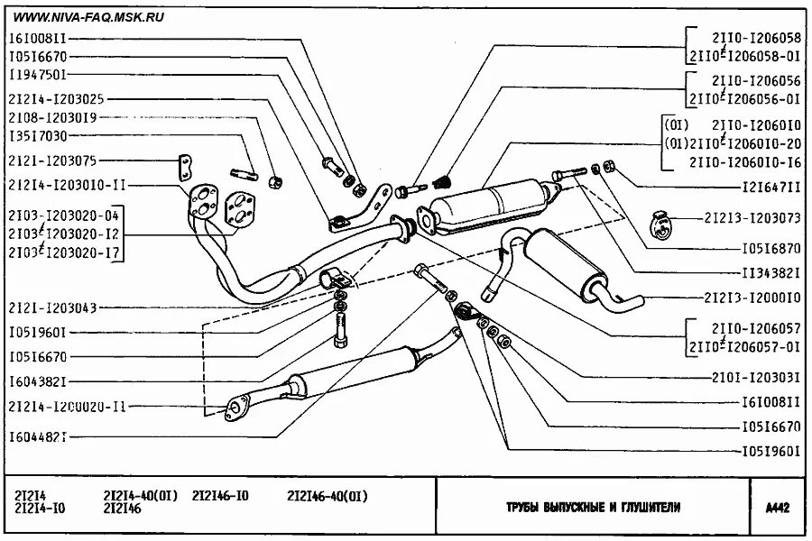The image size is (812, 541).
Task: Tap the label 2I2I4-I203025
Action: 56,96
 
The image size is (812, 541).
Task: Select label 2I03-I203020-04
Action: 63,215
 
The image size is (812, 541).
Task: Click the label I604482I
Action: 38,436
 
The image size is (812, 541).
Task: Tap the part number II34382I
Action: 768,270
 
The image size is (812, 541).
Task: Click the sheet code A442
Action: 777,508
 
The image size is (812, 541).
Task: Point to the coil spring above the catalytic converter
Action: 442,181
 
